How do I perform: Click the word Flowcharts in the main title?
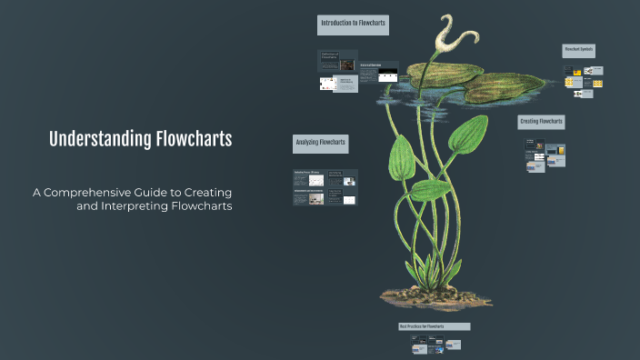click(194, 139)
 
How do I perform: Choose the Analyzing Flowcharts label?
click(320, 143)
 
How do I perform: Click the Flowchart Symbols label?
click(579, 50)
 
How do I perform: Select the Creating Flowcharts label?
click(541, 122)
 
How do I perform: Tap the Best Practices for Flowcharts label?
click(434, 325)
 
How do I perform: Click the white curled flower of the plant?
click(449, 36)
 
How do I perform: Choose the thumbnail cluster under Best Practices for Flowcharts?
click(435, 345)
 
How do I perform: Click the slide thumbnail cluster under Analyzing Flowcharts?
click(325, 187)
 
